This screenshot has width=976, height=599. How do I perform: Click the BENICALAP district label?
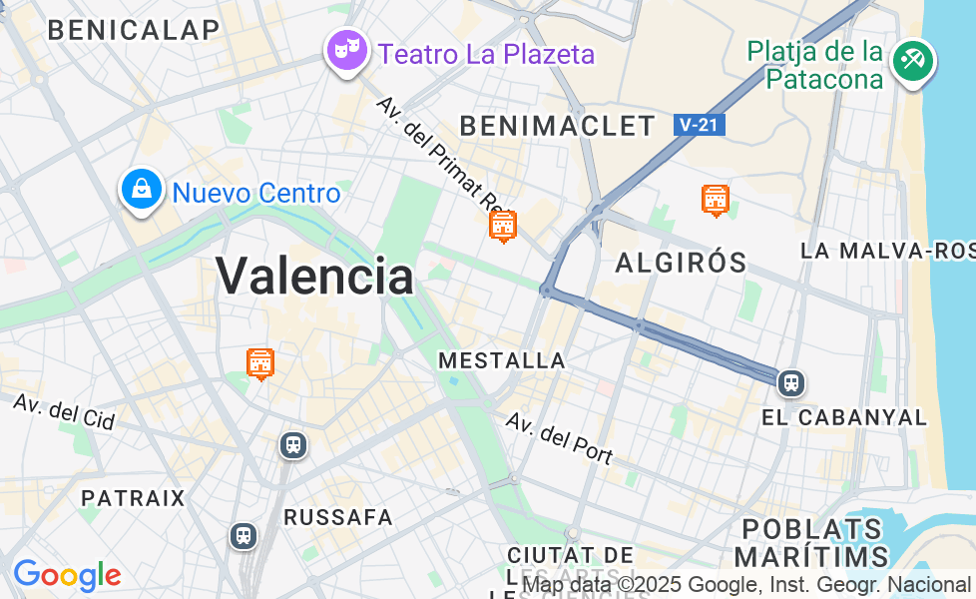pyautogui.click(x=133, y=30)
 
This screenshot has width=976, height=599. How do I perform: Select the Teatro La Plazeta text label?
pyautogui.click(x=486, y=54)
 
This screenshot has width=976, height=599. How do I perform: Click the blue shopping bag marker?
pyautogui.click(x=142, y=189)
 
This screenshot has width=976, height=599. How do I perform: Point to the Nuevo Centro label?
pyautogui.click(x=256, y=193)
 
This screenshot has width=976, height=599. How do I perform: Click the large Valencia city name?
pyautogui.click(x=314, y=275)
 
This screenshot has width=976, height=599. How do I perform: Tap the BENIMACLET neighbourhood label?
pyautogui.click(x=557, y=126)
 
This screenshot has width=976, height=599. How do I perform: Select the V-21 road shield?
pyautogui.click(x=699, y=125)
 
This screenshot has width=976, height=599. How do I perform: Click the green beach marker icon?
pyautogui.click(x=912, y=61)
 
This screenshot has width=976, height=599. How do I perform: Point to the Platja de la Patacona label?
pyautogui.click(x=816, y=64)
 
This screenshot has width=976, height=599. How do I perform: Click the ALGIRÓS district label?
pyautogui.click(x=681, y=263)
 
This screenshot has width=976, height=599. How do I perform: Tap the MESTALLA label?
pyautogui.click(x=502, y=360)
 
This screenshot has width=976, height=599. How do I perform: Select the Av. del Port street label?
pyautogui.click(x=559, y=437)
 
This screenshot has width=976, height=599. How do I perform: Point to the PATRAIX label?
pyautogui.click(x=133, y=498)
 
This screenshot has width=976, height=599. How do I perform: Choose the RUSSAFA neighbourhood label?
pyautogui.click(x=338, y=517)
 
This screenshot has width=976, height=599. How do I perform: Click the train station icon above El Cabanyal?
pyautogui.click(x=791, y=382)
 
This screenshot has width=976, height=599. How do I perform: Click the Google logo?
pyautogui.click(x=67, y=575)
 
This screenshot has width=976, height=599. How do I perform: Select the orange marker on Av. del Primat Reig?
pyautogui.click(x=503, y=226)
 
